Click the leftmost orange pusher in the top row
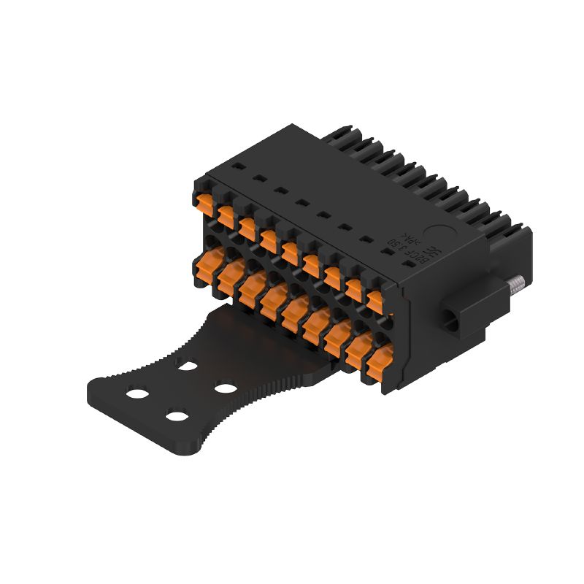(202, 200)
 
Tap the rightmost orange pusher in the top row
(374, 299)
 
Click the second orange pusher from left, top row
(224, 213)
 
